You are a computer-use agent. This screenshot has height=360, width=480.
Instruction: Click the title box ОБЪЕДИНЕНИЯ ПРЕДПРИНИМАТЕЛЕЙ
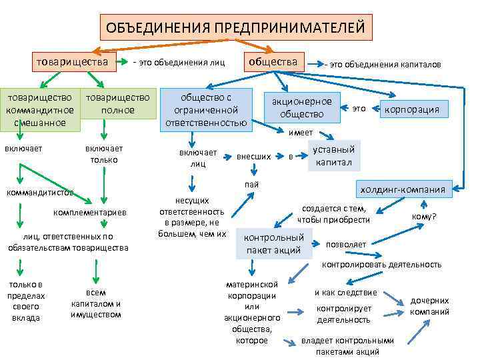pos(236,29)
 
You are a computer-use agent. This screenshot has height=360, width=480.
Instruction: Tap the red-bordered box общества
pos(273,62)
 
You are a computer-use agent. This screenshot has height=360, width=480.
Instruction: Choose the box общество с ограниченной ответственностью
pos(206,109)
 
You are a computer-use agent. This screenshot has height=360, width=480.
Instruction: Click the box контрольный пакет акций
pos(275,243)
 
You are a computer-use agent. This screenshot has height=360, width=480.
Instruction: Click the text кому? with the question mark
pos(425,217)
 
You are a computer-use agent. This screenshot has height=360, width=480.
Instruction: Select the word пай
pos(251,184)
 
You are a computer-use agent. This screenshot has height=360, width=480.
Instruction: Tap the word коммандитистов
pos(39,193)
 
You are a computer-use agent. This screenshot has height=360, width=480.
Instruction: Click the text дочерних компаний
pos(429,307)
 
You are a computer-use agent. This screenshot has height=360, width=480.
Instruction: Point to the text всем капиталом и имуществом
pos(95,303)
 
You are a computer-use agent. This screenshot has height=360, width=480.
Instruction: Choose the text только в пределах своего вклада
pos(26,301)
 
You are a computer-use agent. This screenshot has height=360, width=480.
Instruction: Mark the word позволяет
pos(346,244)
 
